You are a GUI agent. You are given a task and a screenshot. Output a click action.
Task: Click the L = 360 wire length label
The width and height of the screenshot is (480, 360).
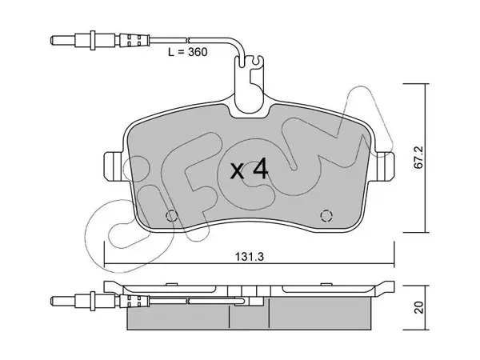point(188,52)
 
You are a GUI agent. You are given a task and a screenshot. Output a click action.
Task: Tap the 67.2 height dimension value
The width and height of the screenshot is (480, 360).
point(418,157)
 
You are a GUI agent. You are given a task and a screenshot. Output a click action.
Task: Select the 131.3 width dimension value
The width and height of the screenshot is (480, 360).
point(249,257)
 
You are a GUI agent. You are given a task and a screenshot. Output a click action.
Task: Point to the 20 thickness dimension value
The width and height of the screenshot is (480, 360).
point(418,307)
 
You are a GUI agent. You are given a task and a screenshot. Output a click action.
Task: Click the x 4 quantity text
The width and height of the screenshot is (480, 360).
point(249,170)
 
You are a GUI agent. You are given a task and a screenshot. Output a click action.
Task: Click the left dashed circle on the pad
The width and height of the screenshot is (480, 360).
point(171,216)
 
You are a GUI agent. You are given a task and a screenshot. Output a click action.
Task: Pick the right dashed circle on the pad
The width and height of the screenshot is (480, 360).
point(326,216)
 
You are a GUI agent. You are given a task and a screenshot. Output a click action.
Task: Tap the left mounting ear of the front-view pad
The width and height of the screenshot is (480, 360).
point(114,166)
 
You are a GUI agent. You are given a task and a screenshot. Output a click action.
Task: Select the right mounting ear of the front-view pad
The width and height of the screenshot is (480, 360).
point(384,166)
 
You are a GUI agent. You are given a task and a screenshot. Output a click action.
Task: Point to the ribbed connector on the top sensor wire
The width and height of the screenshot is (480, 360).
point(134,40)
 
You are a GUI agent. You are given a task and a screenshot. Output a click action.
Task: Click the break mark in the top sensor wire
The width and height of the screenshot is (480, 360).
point(188,40)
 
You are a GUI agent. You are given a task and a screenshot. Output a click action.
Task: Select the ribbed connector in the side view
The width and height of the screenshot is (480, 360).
point(134,302)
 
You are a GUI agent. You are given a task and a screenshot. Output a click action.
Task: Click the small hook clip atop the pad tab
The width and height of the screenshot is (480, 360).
point(257,61)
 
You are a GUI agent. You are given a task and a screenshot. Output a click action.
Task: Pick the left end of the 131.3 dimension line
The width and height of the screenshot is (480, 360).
point(105,263)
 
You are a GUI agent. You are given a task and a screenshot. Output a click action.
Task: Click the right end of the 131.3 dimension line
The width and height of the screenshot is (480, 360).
point(394,263)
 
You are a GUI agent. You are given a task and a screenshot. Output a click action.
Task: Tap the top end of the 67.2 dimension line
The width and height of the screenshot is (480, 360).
point(425,83)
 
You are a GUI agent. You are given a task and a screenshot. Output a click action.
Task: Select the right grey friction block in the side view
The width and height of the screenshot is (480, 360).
point(320,314)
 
